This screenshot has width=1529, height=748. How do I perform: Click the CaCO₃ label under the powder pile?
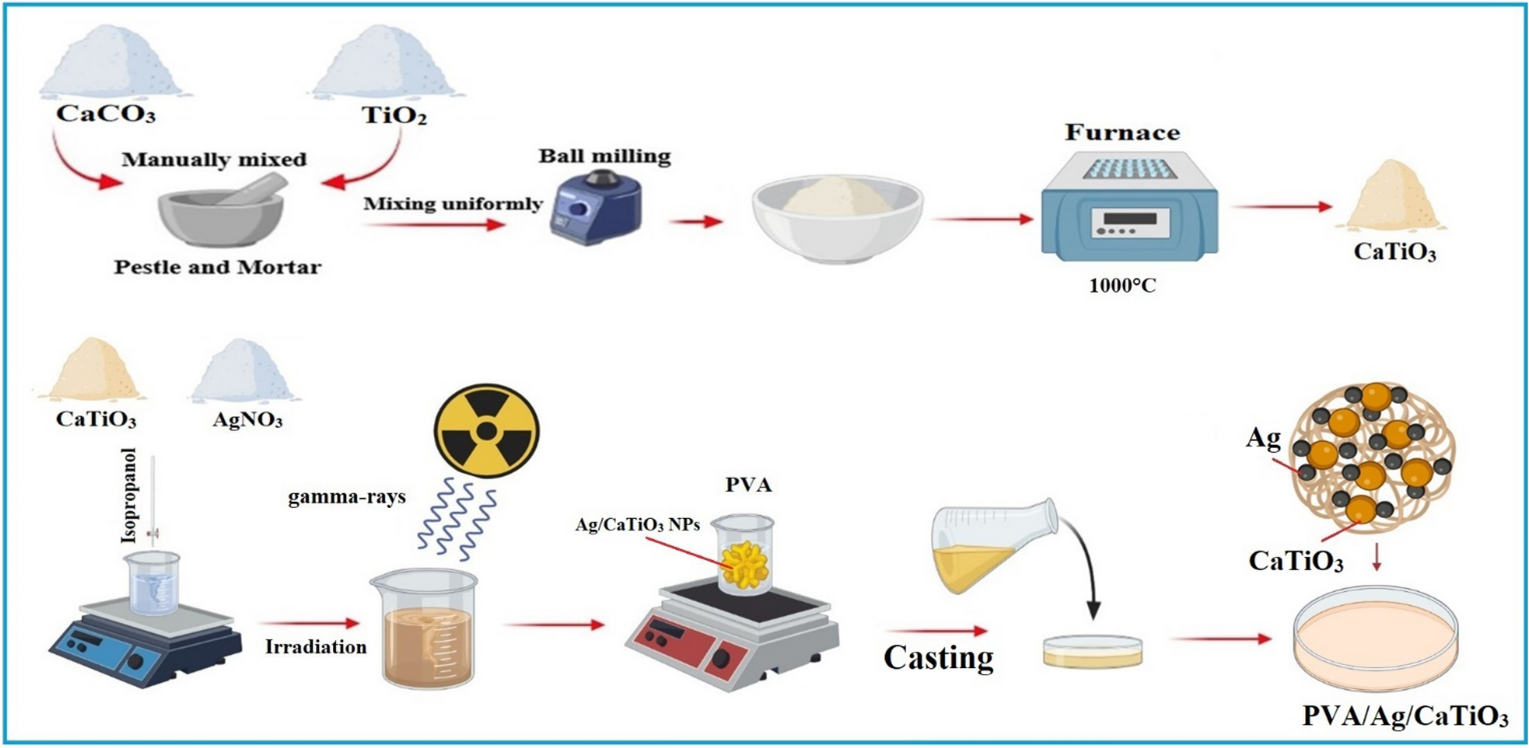(106, 114)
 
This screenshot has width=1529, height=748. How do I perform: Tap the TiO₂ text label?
(394, 116)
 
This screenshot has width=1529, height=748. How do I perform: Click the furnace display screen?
(1130, 219)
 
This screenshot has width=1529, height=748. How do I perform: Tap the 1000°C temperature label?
(1122, 286)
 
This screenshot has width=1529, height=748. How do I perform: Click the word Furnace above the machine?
(1122, 133)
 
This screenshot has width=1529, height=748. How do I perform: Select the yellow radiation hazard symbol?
(486, 431)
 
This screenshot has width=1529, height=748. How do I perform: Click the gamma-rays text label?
(347, 497)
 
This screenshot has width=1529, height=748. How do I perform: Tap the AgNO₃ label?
(248, 420)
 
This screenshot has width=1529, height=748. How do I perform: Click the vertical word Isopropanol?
(129, 495)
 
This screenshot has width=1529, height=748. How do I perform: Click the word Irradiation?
(315, 647)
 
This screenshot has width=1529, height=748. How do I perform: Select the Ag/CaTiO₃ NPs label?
(637, 525)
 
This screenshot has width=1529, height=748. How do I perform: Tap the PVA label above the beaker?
(748, 485)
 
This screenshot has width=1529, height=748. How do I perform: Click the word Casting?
(938, 657)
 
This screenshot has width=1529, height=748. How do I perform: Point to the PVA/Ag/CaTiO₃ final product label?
(1404, 717)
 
